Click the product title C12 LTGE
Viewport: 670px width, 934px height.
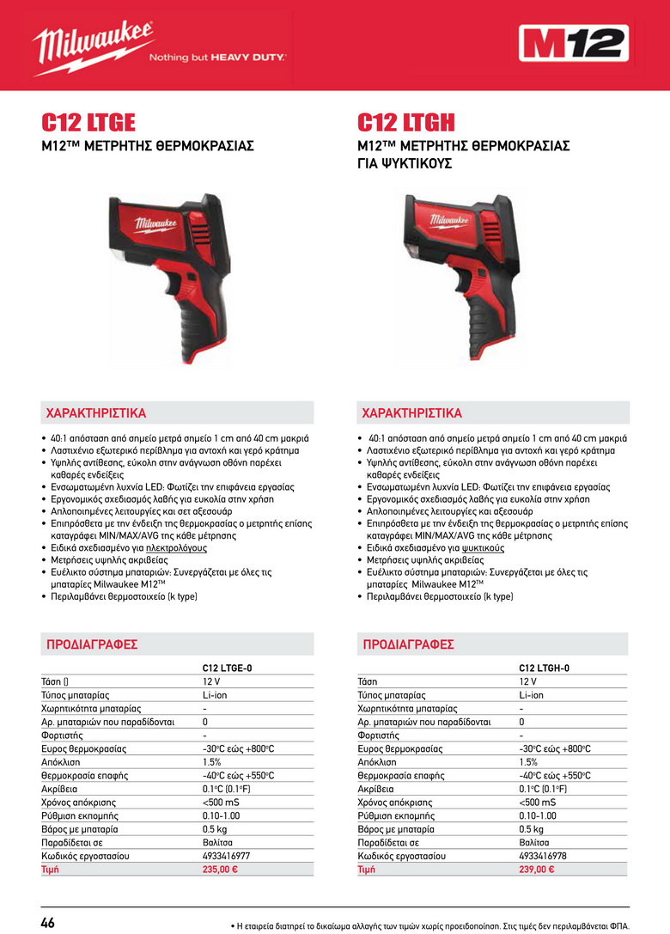coord(88,123)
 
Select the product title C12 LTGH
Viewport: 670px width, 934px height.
coord(406,123)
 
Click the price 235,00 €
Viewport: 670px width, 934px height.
coord(220,869)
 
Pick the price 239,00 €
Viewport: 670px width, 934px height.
coord(536,869)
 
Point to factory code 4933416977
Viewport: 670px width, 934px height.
coord(227,856)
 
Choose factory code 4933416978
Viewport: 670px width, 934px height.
coord(543,856)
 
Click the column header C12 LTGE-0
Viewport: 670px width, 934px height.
coord(228,668)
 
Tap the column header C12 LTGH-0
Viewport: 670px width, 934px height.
coord(544,668)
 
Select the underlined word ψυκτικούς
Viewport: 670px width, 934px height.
coord(481,546)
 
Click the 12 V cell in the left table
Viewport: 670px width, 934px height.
coord(212,681)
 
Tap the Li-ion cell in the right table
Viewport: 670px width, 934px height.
coord(531,695)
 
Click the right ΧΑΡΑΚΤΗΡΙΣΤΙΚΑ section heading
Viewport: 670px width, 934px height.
coord(411,412)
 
